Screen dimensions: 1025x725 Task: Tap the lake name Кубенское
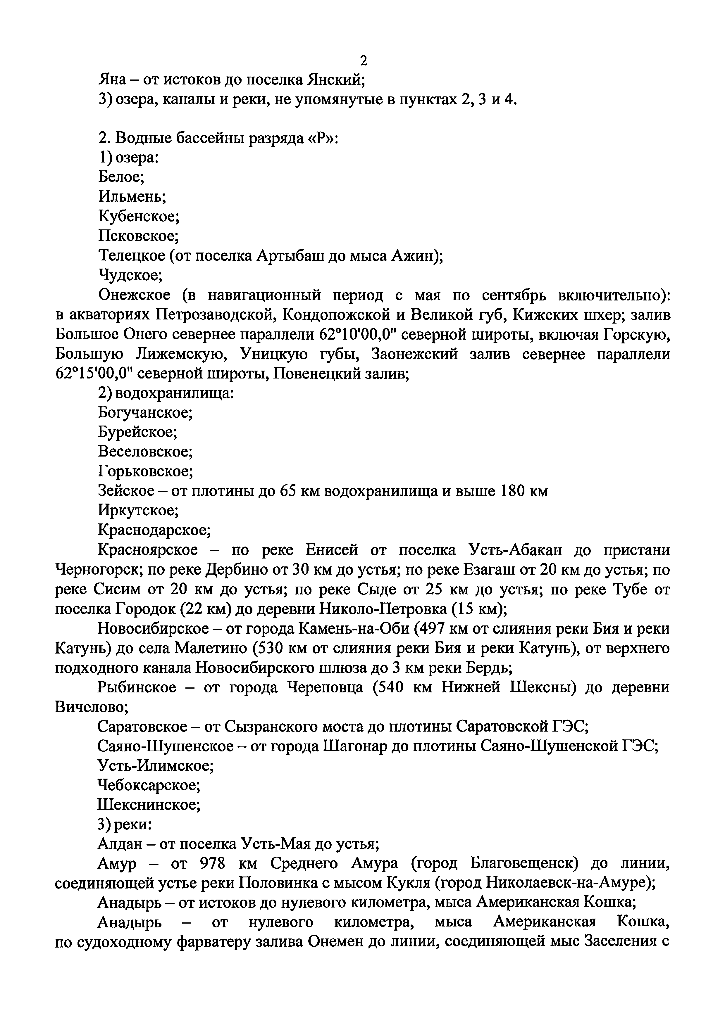138,217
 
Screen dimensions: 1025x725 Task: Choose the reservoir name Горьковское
145,471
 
